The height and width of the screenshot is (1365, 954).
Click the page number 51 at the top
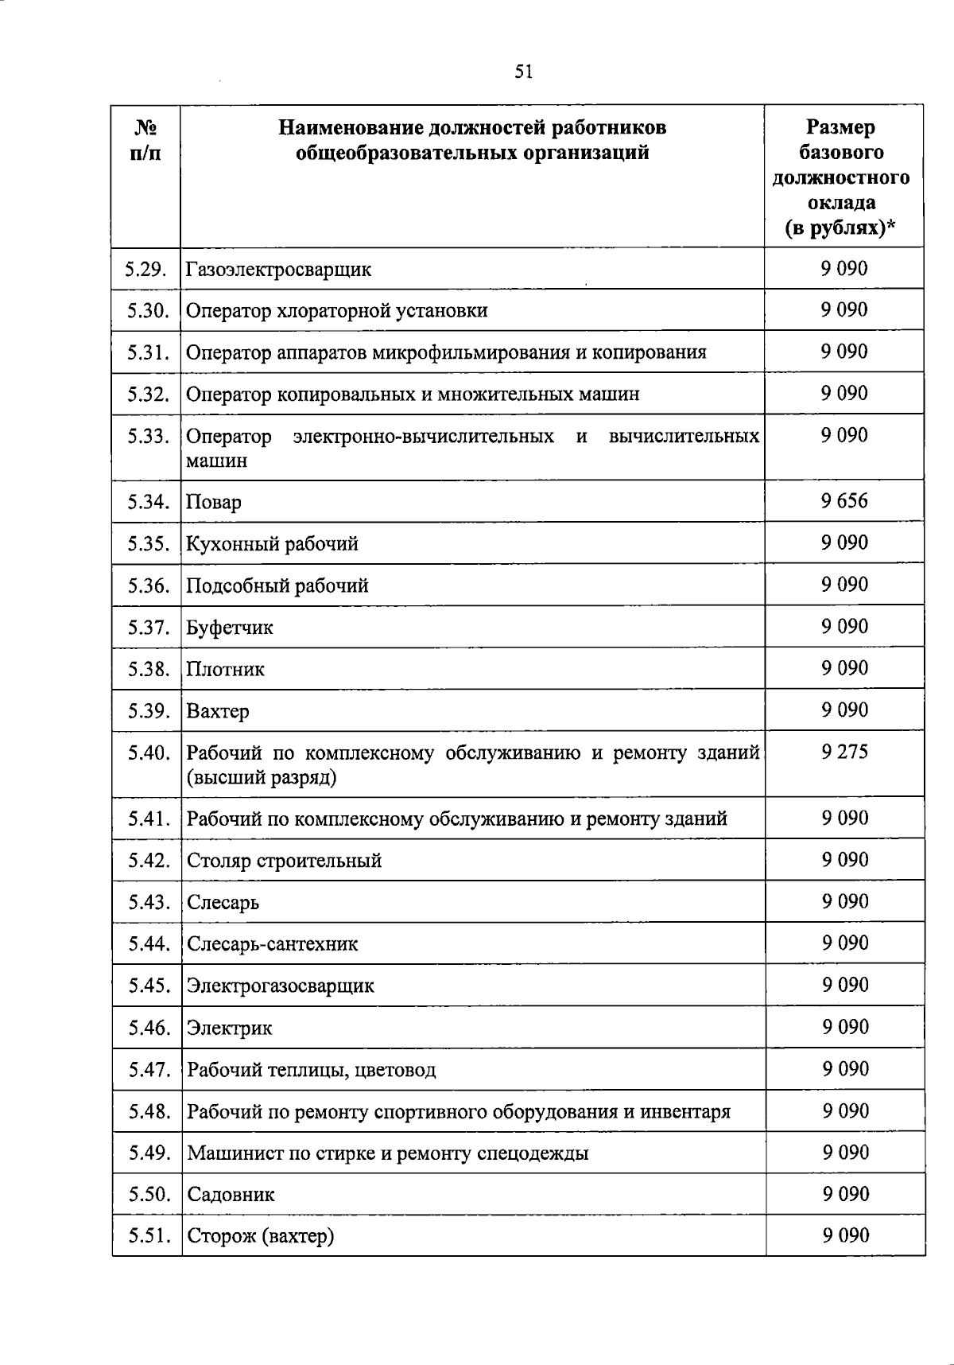(x=523, y=72)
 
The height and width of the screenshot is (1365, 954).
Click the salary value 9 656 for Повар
(x=844, y=501)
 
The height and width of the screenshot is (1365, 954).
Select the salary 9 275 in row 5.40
(x=844, y=752)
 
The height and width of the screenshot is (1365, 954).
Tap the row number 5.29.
(x=145, y=269)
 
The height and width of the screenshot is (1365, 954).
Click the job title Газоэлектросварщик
(x=278, y=270)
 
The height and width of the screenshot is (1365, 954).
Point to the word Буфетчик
(x=230, y=628)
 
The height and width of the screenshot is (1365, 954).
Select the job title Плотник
(x=225, y=669)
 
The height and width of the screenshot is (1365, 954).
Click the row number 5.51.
(x=149, y=1236)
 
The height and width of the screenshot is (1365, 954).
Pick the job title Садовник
(x=231, y=1195)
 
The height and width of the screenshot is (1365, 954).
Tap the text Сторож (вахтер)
(x=260, y=1237)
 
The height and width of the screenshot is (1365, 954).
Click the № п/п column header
(x=145, y=140)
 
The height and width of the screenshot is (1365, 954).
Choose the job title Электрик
(x=229, y=1028)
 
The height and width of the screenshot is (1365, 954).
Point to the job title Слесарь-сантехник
(x=272, y=944)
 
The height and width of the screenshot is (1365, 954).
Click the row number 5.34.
(x=148, y=502)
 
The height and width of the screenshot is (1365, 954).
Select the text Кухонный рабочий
(x=272, y=544)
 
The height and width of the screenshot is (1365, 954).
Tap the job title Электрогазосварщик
(x=280, y=986)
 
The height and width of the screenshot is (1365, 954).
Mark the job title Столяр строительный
(x=284, y=861)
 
